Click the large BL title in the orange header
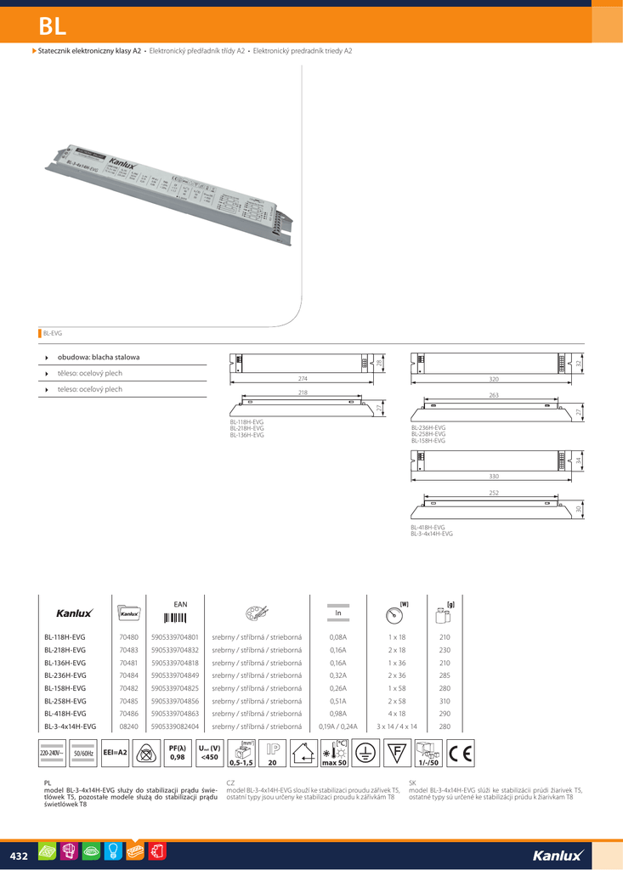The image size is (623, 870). (52, 26)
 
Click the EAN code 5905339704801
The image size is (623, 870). (174, 636)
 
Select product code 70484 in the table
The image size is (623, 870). (129, 675)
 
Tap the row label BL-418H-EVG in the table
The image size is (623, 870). (65, 714)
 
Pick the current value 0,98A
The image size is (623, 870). (337, 714)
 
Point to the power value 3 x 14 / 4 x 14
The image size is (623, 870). (397, 726)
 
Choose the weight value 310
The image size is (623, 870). (445, 701)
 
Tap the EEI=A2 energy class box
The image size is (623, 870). (115, 753)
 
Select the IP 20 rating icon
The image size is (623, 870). (272, 753)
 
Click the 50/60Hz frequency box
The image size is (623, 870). (83, 754)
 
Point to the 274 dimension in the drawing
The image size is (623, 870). (303, 378)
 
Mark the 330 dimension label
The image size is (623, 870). (493, 476)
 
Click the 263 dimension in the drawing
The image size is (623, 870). (493, 396)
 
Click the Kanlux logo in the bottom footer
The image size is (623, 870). (558, 855)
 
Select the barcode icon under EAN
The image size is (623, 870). (174, 617)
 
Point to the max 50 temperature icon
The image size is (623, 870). (334, 753)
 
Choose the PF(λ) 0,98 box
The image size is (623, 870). (177, 753)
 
